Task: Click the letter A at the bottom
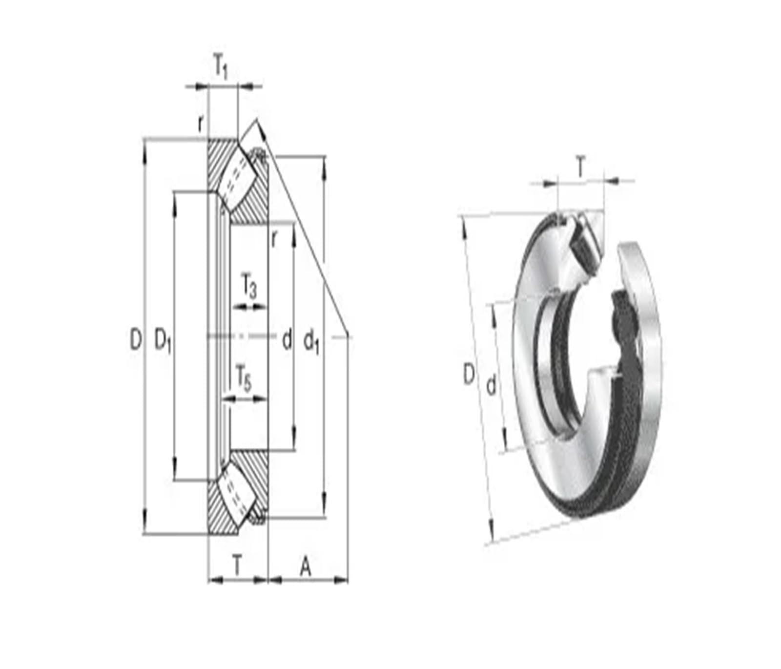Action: point(306,567)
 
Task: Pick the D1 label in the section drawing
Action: point(163,340)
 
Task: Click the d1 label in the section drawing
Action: point(311,341)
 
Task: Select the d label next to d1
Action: point(287,339)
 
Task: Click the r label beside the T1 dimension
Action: point(200,125)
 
